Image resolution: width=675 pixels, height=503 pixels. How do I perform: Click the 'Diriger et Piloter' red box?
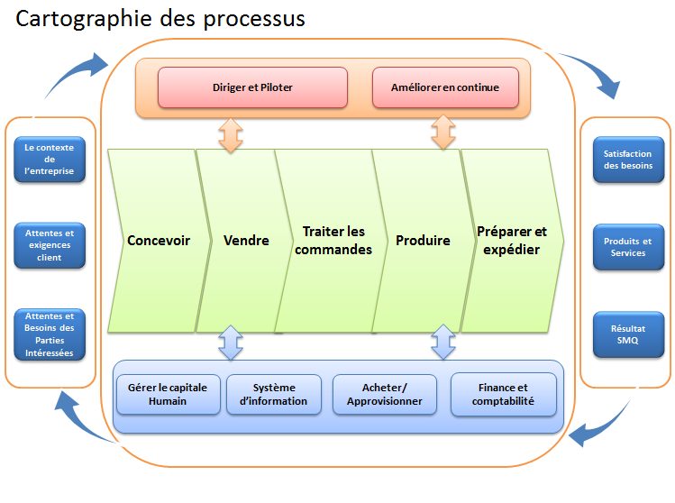[x=252, y=87]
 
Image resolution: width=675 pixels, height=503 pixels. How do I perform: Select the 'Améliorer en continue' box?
[x=445, y=87]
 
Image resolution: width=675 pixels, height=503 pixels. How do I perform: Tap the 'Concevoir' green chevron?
[x=160, y=241]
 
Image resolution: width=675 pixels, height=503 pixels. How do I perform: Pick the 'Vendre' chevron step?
[x=245, y=241]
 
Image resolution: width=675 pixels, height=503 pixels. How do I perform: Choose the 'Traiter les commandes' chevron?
[x=333, y=241]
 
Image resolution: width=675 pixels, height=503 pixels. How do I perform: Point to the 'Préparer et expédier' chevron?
[x=512, y=241]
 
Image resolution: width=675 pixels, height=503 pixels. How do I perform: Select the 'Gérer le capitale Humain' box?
[x=169, y=395]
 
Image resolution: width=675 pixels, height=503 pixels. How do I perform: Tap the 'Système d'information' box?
[x=274, y=395]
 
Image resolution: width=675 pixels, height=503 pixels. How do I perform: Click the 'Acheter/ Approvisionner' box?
[x=385, y=395]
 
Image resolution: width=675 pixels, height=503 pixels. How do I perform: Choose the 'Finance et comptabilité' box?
[x=504, y=395]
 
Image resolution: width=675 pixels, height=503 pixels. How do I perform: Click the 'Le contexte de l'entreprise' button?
[x=50, y=160]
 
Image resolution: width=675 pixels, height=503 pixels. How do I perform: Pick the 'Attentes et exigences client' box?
[x=50, y=245]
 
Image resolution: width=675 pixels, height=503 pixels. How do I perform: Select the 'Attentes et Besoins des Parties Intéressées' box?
[x=50, y=334]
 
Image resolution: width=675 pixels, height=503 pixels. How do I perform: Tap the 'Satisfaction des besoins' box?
[x=628, y=160]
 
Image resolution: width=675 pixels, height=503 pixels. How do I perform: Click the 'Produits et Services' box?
[x=628, y=247]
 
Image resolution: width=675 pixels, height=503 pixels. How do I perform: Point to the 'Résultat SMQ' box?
[x=628, y=334]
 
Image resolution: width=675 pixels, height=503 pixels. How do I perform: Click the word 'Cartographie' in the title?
[x=84, y=20]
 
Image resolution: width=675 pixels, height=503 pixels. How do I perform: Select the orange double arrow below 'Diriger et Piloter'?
[x=231, y=135]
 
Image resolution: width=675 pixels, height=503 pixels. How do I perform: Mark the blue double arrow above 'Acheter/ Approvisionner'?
[x=443, y=342]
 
